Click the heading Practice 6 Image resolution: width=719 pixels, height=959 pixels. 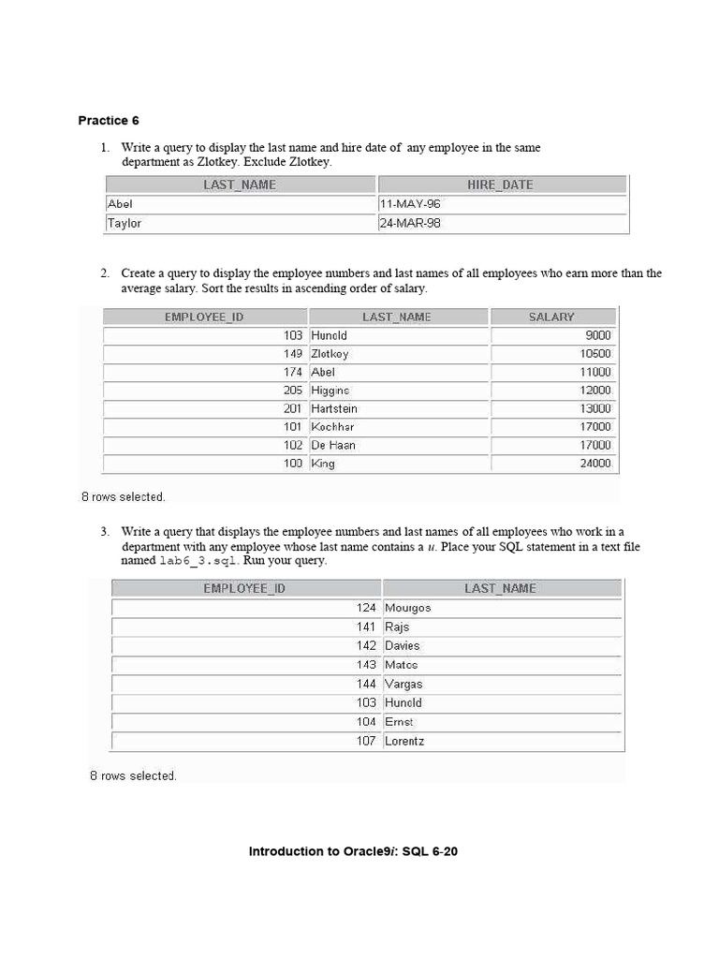tap(109, 120)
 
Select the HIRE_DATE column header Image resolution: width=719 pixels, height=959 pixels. tap(500, 184)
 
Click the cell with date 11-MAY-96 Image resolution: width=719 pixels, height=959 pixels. tap(409, 203)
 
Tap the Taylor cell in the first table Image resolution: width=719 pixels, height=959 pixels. tap(125, 224)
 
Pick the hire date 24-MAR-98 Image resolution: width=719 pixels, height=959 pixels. tap(409, 224)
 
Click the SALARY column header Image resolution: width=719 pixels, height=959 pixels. tap(551, 317)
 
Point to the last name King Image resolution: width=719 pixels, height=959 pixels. tap(322, 463)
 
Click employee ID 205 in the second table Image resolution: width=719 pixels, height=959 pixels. tap(293, 390)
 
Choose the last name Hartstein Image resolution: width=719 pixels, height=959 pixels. tap(333, 408)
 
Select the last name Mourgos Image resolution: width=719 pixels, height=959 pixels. tap(407, 608)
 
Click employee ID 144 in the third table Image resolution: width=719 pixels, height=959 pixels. tap(366, 684)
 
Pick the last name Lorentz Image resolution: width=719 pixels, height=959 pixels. tap(405, 741)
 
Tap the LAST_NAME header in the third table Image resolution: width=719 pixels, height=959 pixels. tap(500, 588)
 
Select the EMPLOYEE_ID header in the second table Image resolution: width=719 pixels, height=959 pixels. tap(204, 317)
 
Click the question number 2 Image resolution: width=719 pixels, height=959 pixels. tap(105, 273)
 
